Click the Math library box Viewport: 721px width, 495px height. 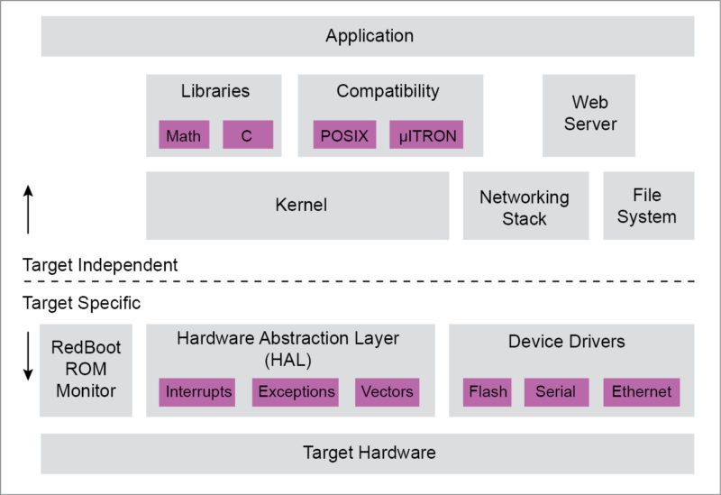(x=184, y=136)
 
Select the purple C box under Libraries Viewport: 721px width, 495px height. (x=247, y=136)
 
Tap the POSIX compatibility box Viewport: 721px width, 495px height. (x=344, y=136)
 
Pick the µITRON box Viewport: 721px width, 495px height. (x=426, y=136)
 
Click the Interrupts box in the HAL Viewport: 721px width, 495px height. (x=198, y=391)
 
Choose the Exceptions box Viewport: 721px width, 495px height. (x=296, y=391)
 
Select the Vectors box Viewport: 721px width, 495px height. (x=387, y=391)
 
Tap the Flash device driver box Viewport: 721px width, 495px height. (x=488, y=391)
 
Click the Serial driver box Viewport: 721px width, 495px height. (x=555, y=391)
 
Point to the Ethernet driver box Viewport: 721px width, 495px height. (x=641, y=391)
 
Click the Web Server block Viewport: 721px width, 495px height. (x=589, y=115)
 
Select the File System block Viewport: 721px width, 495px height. (x=647, y=206)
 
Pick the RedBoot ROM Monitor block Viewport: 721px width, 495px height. (x=86, y=370)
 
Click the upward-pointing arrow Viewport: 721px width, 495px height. (x=28, y=208)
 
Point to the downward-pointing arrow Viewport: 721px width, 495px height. (x=28, y=355)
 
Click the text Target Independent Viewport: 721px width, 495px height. (x=100, y=265)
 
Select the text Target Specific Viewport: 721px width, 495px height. (x=81, y=303)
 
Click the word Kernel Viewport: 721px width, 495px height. (x=301, y=206)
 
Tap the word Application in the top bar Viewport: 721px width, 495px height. (x=370, y=36)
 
